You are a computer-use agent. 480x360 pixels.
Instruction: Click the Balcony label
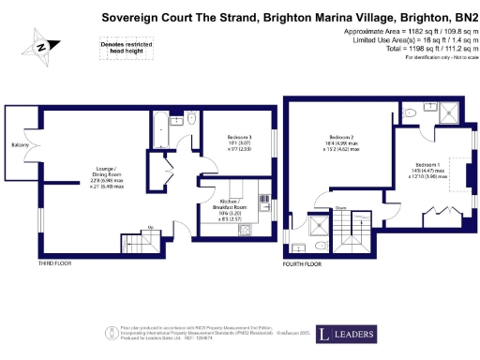click(19, 145)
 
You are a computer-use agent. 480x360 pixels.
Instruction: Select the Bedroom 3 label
click(240, 137)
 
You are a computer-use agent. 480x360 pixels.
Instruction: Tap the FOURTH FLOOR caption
click(303, 264)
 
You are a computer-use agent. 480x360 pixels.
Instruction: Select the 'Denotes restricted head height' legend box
click(116, 46)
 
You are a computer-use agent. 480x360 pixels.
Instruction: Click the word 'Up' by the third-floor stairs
click(151, 226)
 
